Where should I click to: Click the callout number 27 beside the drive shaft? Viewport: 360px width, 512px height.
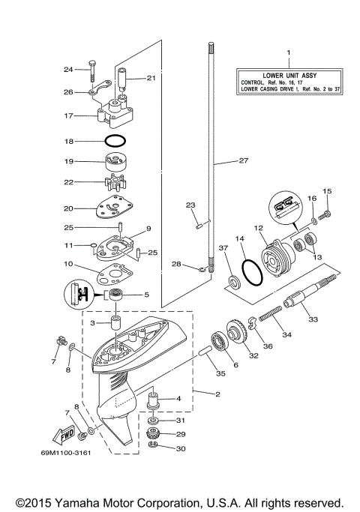(x=242, y=161)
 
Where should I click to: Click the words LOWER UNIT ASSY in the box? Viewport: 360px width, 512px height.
(x=288, y=76)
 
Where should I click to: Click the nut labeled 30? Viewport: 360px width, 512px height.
(x=154, y=448)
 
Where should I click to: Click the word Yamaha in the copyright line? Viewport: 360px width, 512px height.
(x=85, y=502)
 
